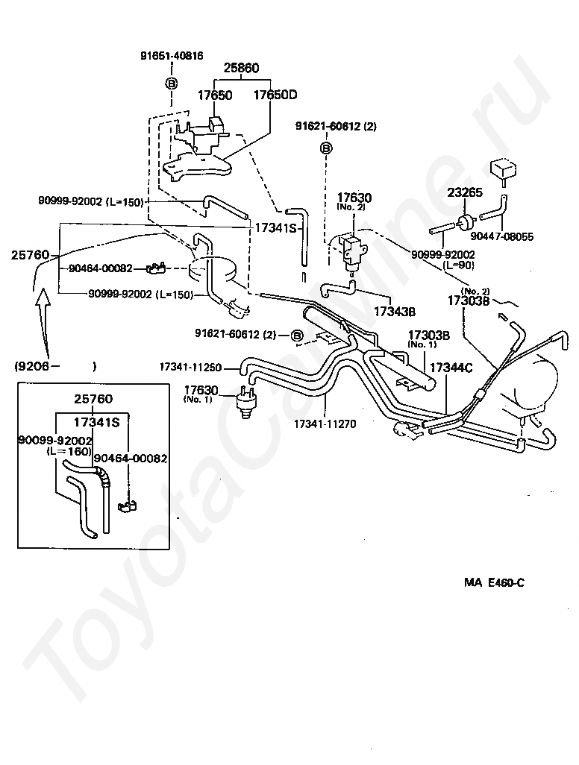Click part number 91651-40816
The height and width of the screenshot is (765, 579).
point(172,56)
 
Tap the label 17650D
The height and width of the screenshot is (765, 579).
point(275,95)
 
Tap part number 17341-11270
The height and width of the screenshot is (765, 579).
point(325,424)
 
